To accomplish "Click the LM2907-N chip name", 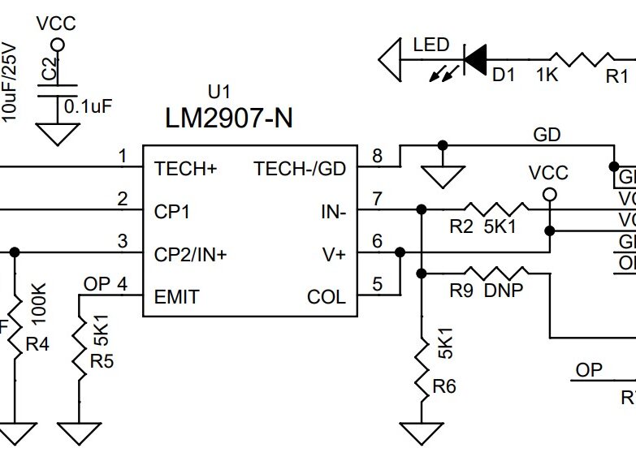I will tap(228, 118).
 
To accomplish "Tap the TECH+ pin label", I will tap(186, 169).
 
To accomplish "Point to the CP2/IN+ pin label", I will tap(190, 254).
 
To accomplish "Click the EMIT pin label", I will tap(176, 297).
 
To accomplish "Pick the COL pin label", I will tap(327, 297).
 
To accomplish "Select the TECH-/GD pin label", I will tap(300, 169).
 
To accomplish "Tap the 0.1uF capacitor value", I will tap(89, 106).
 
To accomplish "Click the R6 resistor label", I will tap(443, 387).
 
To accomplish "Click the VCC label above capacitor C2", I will tap(56, 24).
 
